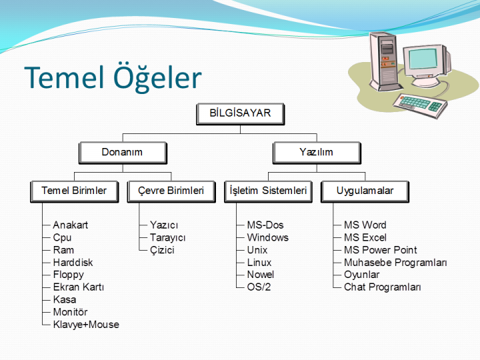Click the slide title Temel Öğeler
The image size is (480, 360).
113,77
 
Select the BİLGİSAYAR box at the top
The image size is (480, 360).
240,113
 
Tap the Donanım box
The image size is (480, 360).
122,153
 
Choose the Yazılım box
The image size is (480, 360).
316,153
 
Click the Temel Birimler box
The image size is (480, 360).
74,191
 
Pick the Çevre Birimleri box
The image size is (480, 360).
171,191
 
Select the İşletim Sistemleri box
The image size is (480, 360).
268,191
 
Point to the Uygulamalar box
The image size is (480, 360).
365,191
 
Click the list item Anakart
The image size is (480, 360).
70,225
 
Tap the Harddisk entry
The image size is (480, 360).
73,263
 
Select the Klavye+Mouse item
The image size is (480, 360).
86,325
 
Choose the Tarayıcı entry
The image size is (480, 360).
167,238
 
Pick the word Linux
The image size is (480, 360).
259,263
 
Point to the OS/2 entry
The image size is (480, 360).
259,287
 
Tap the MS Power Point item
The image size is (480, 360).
380,250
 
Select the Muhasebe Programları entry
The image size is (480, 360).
395,263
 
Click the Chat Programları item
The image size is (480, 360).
382,287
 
